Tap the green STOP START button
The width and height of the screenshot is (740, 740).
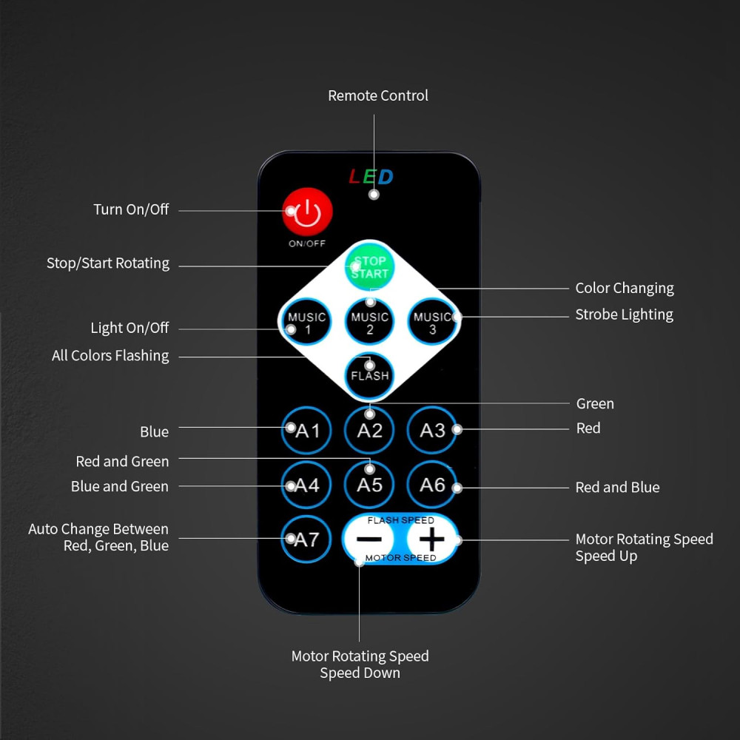[369, 266]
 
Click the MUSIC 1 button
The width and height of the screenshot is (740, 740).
[307, 323]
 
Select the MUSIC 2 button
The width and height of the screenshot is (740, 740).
[369, 323]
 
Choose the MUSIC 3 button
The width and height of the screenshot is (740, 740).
[432, 323]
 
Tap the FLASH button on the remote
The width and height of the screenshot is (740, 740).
[369, 376]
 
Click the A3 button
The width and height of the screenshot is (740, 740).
[432, 430]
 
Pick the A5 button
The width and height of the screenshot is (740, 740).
[369, 485]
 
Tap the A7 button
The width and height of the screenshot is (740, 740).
[307, 539]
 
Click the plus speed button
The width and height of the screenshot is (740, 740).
[431, 539]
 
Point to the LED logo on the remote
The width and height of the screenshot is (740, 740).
[371, 177]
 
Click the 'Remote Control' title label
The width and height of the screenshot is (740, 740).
[378, 95]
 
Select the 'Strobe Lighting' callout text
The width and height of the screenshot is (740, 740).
[625, 314]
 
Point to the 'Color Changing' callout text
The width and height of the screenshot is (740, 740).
[625, 289]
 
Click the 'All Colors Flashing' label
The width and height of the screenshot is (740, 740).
[110, 355]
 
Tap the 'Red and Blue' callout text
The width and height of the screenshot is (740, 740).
[617, 487]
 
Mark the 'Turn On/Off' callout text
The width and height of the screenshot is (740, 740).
[131, 209]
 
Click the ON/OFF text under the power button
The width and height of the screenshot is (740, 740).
[307, 243]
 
